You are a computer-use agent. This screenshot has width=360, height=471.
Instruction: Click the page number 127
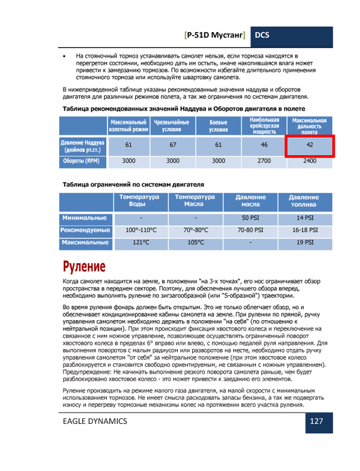coord(316,421)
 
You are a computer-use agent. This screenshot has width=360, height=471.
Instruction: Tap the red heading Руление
coord(84,265)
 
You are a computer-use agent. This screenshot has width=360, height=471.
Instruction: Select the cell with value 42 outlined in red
coord(308,145)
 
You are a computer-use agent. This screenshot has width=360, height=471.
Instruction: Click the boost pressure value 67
coord(173,145)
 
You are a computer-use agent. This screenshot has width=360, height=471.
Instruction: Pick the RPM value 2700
coord(264,161)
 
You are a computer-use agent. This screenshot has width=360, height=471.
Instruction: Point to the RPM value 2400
coord(309,161)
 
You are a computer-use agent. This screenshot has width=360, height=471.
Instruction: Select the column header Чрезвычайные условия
coord(173,126)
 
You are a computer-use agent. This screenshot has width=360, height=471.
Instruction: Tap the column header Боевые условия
coord(218,126)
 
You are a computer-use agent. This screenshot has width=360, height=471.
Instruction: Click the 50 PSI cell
coord(251,217)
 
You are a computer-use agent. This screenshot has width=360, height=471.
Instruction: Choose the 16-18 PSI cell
coord(304,230)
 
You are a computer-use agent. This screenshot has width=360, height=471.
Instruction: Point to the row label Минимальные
coord(84,217)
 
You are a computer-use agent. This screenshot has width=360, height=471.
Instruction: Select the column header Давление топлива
coord(304,200)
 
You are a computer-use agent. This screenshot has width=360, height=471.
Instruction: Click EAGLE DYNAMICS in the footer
coord(95,421)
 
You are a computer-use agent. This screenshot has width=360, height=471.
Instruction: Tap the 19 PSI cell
coord(304,242)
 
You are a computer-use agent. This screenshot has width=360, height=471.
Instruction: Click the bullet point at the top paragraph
coord(66,57)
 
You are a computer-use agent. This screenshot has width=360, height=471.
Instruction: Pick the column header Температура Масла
coord(195,200)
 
